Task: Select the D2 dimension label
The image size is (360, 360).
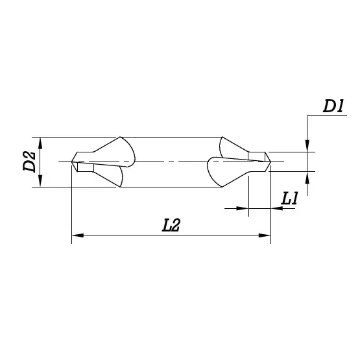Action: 29,162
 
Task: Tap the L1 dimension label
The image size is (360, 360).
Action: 289,199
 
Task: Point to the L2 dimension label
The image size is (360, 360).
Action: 171,225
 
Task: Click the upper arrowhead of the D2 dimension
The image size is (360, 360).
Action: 41,141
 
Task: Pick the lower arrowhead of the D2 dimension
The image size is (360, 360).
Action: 41,182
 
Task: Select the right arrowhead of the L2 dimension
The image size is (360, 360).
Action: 265,235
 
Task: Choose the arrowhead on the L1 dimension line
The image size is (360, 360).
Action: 244,208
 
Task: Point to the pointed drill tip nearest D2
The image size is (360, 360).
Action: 72,161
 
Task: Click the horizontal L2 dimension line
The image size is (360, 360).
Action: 171,235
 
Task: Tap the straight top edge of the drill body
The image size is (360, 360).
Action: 171,137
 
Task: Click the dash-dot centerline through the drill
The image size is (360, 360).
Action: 171,161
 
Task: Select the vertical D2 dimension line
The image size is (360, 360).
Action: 41,162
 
